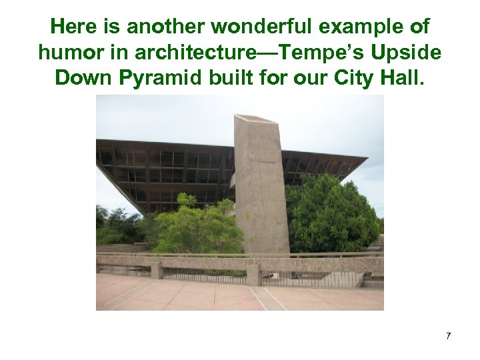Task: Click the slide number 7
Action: (448, 336)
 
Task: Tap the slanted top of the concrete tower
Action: (256, 119)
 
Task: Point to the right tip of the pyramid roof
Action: (365, 159)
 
